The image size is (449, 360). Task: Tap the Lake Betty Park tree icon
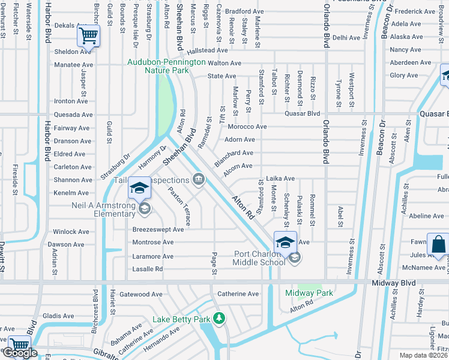pyautogui.click(x=220, y=317)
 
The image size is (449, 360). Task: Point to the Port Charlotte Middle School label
pyautogui.click(x=259, y=257)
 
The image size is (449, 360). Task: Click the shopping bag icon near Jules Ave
pyautogui.click(x=438, y=245)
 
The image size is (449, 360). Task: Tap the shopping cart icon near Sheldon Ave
pyautogui.click(x=88, y=37)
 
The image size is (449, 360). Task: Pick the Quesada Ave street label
pyautogui.click(x=73, y=115)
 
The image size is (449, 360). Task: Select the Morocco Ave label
pyautogui.click(x=247, y=127)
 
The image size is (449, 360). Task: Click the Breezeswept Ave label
pyautogui.click(x=158, y=229)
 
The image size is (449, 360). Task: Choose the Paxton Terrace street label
pyautogui.click(x=179, y=207)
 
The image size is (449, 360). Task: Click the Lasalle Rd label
pyautogui.click(x=147, y=269)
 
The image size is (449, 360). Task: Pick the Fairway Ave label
pyautogui.click(x=71, y=128)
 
